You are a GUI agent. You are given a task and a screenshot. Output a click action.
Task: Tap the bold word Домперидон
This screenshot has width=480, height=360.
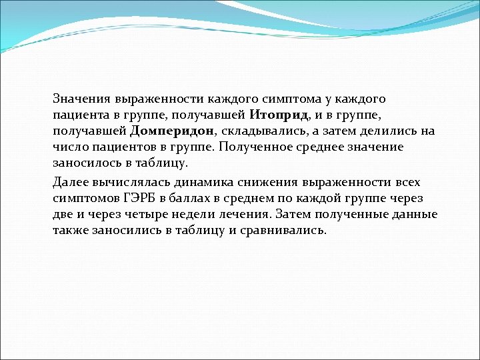173,131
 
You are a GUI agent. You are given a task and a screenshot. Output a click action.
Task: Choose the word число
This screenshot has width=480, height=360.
68,147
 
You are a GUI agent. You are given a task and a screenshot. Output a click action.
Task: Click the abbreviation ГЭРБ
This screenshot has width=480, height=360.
139,198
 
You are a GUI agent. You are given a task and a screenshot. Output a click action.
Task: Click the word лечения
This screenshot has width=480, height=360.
239,214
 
